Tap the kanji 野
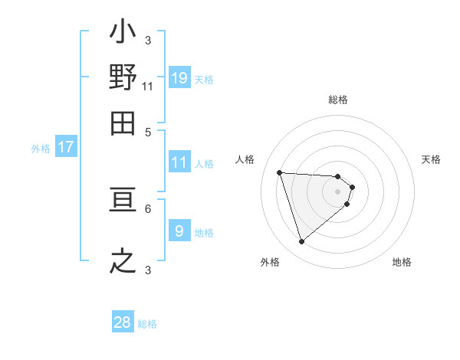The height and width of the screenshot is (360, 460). tap(123, 77)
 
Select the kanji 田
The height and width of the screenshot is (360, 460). tap(123, 122)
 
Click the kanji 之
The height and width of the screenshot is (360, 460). tap(123, 260)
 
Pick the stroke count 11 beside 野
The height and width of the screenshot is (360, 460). tap(148, 86)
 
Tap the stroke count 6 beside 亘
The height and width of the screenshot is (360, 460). tap(148, 208)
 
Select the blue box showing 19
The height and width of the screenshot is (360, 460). tap(179, 77)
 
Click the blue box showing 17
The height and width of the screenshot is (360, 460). tap(66, 147)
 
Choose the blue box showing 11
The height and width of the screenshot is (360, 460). tap(179, 162)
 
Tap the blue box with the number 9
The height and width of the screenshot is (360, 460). tap(179, 231)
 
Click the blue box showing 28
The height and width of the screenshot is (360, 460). tap(123, 322)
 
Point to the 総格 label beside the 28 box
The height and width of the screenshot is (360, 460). tap(147, 324)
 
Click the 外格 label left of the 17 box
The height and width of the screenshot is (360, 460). tap(41, 149)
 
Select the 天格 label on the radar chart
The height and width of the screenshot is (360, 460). tap(432, 159)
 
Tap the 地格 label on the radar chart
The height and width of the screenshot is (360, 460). tap(402, 262)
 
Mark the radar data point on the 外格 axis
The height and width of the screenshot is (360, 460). tap(301, 242)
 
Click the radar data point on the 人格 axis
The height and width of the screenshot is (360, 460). tap(280, 172)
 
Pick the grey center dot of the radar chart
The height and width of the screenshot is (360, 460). tap(338, 191)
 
